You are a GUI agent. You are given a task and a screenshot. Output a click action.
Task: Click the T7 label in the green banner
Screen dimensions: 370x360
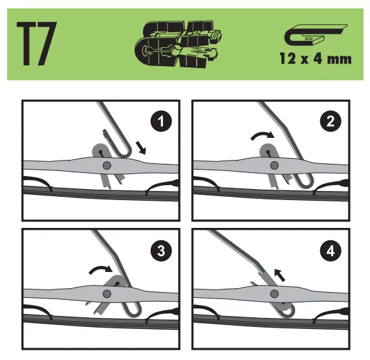(x=37, y=43)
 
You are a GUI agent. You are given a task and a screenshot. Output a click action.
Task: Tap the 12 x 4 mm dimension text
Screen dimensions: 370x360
(x=316, y=58)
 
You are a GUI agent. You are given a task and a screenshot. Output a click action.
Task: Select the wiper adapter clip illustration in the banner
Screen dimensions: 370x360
(x=179, y=44)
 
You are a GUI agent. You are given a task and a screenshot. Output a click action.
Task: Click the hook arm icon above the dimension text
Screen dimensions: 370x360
(x=316, y=35)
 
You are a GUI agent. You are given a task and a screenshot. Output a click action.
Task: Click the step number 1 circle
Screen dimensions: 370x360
(x=161, y=122)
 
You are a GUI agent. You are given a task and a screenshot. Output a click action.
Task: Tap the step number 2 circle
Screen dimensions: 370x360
(x=331, y=122)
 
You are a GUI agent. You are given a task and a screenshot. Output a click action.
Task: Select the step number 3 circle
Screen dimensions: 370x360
(x=161, y=251)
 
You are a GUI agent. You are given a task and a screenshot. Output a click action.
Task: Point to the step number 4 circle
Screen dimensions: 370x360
(x=331, y=251)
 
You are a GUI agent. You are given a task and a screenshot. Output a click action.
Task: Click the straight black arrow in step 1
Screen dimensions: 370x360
(x=141, y=148)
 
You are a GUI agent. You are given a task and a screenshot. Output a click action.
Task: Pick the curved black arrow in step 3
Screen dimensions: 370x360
(x=101, y=269)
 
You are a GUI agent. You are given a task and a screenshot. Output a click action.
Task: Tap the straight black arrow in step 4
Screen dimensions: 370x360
(x=280, y=275)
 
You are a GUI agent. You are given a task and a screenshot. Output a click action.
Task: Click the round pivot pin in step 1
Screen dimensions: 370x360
(x=107, y=165)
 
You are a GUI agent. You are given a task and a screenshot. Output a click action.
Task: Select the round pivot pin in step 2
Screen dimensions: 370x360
(x=274, y=165)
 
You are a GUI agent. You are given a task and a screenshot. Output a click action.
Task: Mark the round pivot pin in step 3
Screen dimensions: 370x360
(x=107, y=294)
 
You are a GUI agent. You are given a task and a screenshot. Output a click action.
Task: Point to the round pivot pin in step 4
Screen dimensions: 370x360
(x=274, y=294)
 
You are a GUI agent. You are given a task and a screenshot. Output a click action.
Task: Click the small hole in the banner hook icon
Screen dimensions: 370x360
(x=308, y=38)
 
